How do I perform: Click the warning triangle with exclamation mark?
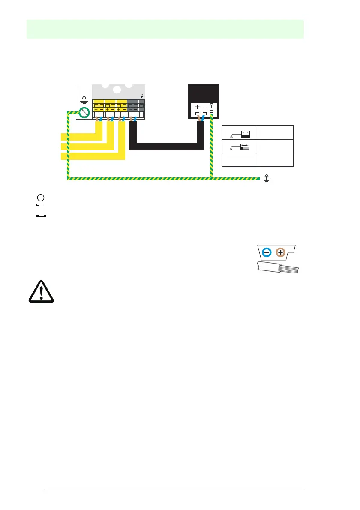pos(39,293)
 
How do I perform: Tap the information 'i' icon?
pos(41,206)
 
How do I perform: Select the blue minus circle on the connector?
pos(266,252)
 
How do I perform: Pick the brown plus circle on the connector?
pos(280,252)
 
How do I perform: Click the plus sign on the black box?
pos(197,107)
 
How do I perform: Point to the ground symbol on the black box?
pos(211,107)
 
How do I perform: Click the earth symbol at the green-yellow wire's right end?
pos(267,178)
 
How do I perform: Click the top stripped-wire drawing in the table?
pos(238,135)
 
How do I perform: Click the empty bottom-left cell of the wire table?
pos(238,159)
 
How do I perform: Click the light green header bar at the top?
pos(165,29)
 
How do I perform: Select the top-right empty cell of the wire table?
pos(274,132)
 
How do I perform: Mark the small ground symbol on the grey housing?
pos(142,96)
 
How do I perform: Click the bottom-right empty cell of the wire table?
pos(274,159)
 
